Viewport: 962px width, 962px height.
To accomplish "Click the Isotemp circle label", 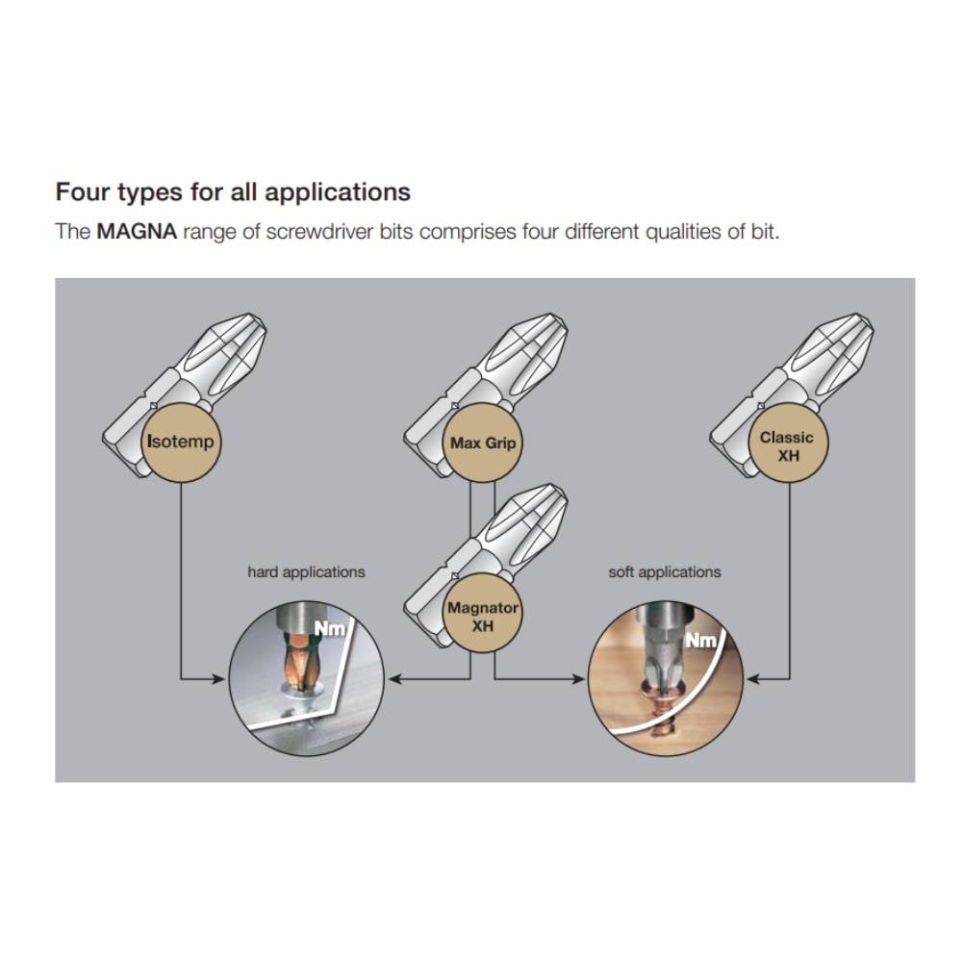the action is pos(181,443).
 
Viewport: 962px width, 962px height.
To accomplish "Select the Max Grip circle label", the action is pos(482,443).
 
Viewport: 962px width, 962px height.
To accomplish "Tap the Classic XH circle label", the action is pos(788,443).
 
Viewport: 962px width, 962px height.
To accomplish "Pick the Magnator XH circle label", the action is pos(482,614).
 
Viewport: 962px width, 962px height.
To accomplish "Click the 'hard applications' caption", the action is pos(306,572).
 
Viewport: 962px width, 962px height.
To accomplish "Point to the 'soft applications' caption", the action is pos(665,572).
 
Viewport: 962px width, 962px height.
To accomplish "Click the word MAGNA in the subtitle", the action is pos(137,231).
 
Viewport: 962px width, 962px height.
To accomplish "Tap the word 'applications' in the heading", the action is pos(338,193).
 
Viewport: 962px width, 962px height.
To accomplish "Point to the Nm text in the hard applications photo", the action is pos(330,629).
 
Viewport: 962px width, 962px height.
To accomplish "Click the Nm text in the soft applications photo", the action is pos(700,641).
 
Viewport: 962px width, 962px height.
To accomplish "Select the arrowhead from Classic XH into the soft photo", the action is pos(753,678).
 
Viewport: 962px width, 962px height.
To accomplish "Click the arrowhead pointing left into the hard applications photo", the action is pos(395,678).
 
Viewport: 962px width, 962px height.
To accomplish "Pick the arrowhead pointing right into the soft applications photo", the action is pos(578,678).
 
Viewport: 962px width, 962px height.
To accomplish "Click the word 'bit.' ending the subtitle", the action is pos(765,231).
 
